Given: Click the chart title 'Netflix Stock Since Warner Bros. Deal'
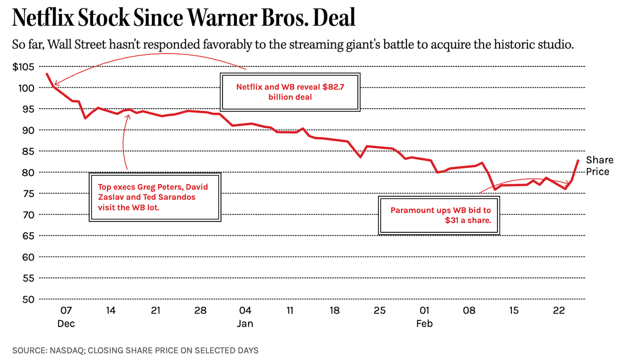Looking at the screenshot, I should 183,19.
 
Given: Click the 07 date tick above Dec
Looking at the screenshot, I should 66,311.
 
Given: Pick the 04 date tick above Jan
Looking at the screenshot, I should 245,311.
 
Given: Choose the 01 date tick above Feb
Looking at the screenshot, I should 425,311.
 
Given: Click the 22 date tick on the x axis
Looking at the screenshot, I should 559,311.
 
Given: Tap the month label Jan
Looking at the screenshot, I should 245,324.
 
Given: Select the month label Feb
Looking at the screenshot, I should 425,324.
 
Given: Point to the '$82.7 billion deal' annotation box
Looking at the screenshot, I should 290,92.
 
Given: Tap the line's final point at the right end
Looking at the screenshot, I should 578,161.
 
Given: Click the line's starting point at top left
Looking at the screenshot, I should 47,74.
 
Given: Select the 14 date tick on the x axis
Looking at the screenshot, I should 111,311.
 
